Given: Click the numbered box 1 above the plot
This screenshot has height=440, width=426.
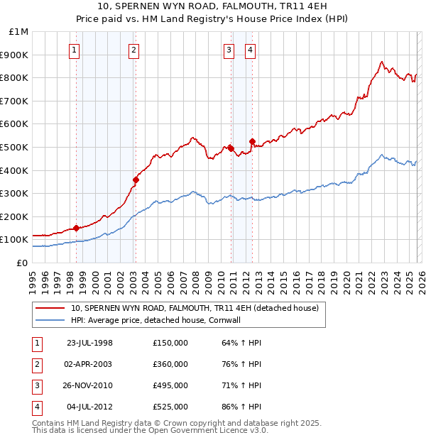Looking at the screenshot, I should click(x=75, y=50).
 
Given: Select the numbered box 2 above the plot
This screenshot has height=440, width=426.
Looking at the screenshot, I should click(x=134, y=50).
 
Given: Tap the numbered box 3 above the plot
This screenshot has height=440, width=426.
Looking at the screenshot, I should click(x=229, y=50).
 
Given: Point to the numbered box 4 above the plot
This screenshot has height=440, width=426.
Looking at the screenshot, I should click(x=251, y=50).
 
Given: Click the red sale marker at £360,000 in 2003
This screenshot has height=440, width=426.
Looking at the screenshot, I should click(x=136, y=180).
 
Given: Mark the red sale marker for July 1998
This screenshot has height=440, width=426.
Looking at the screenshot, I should click(x=76, y=228).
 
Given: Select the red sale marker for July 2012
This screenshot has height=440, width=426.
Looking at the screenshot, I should click(x=252, y=141).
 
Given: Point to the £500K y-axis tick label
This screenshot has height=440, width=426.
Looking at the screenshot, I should click(x=15, y=148).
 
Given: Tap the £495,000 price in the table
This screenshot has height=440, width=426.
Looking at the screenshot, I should click(x=170, y=385).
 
